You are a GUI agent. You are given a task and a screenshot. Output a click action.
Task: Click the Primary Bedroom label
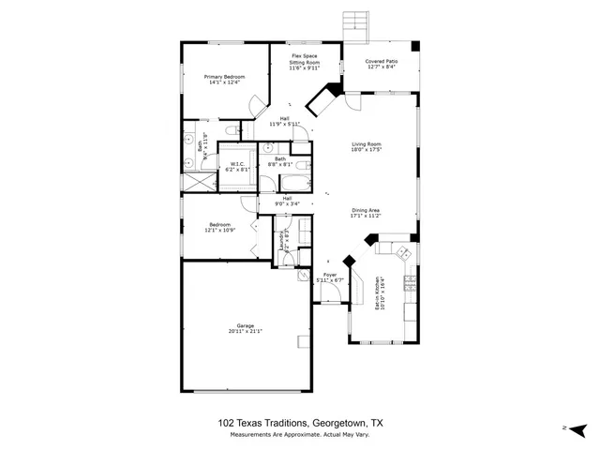click(x=226, y=76)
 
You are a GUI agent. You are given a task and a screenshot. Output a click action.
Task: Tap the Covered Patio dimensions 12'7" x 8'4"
click(x=381, y=67)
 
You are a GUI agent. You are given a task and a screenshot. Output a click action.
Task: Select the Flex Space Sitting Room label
click(x=304, y=59)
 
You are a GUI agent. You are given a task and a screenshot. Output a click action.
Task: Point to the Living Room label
click(x=367, y=143)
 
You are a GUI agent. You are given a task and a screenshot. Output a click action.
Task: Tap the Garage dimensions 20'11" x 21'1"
click(x=245, y=331)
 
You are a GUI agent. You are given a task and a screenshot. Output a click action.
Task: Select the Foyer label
click(x=329, y=274)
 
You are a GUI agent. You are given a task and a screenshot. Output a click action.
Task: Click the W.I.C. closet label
click(x=238, y=165)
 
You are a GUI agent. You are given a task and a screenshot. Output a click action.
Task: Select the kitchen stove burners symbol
click(x=402, y=252)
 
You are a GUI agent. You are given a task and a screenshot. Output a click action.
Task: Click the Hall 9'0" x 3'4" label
click(x=288, y=202)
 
